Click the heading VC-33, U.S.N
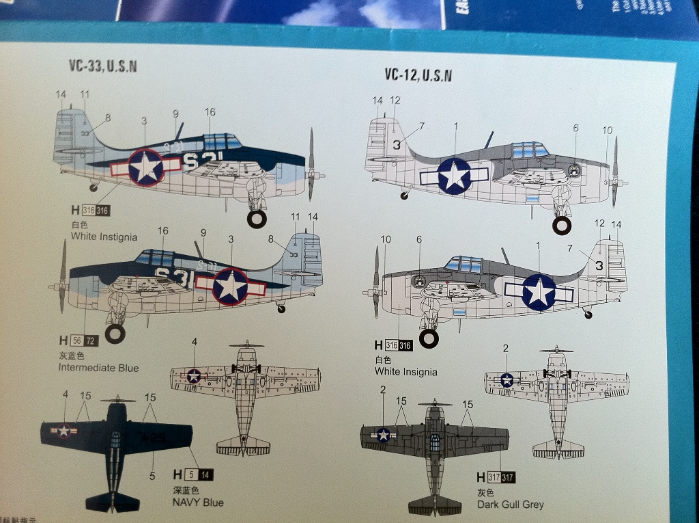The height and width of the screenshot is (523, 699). coord(103,66)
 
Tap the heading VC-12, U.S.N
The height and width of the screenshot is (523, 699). coord(418,75)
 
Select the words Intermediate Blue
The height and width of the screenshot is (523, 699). coord(98,368)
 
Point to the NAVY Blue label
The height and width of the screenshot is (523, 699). coord(199,502)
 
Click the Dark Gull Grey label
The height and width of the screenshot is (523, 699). coord(511,505)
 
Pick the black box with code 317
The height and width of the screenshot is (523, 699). coord(508,477)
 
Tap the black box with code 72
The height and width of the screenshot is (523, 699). coord(90,340)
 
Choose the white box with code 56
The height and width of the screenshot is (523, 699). coord(75,340)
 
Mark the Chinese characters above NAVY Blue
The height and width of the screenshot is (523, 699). coord(185,490)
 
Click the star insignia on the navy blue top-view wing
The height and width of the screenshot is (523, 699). coord(63,431)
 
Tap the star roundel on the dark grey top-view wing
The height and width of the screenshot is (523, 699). coord(383,435)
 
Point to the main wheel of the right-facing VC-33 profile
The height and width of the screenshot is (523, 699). coord(257,219)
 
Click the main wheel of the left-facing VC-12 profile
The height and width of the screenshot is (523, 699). coord(429,338)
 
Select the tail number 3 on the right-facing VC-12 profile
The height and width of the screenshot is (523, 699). coord(396,144)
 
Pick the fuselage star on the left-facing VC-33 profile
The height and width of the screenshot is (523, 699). coord(230,286)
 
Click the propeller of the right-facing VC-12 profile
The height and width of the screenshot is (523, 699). coord(614,172)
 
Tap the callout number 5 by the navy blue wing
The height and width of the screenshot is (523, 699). coord(152,475)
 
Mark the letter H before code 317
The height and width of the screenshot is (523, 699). coord(481,477)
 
